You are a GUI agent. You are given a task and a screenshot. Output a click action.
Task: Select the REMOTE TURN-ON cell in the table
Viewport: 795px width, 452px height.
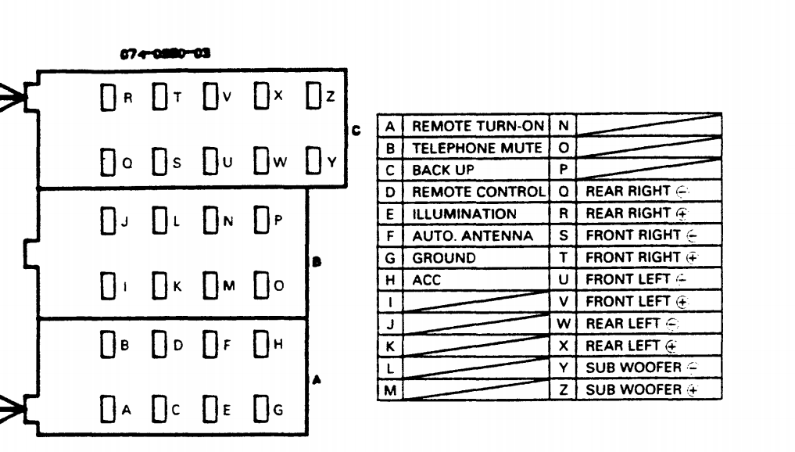click(x=476, y=126)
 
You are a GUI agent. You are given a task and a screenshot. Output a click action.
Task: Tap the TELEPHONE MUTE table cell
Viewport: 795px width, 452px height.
click(x=476, y=148)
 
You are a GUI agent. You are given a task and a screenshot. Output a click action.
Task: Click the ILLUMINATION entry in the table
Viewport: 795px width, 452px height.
click(x=464, y=213)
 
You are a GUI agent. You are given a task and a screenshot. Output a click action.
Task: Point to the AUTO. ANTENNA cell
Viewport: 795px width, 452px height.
click(x=472, y=235)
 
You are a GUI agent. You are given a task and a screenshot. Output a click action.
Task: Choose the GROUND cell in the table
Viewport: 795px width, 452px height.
click(x=443, y=257)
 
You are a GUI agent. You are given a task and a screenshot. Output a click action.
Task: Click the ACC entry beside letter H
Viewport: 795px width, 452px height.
click(x=427, y=279)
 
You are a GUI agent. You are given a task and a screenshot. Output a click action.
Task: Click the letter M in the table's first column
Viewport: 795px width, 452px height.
click(x=389, y=389)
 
